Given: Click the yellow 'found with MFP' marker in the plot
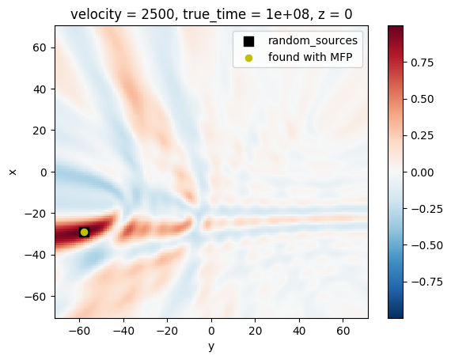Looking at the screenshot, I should pyautogui.click(x=84, y=232).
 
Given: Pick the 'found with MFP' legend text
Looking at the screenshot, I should pyautogui.click(x=310, y=57).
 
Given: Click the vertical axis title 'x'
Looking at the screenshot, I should pyautogui.click(x=13, y=171).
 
